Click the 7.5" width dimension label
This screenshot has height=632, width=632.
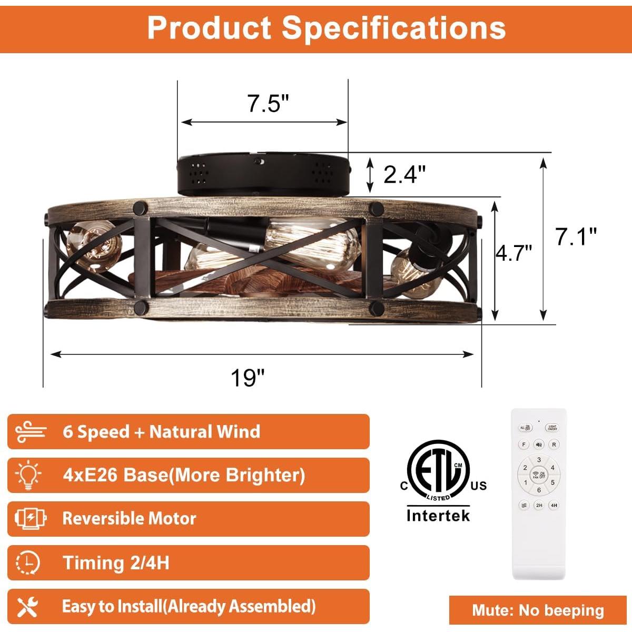click(x=269, y=104)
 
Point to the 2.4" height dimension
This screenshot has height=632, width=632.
click(x=404, y=174)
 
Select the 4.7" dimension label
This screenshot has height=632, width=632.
click(x=514, y=253)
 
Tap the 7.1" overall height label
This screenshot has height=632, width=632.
click(x=577, y=236)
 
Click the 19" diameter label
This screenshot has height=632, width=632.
click(x=247, y=377)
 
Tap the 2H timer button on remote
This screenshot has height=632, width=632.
click(x=539, y=505)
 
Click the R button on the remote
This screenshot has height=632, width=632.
click(x=554, y=445)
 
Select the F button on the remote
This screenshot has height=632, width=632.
click(x=524, y=445)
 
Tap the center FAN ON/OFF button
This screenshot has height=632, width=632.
click(x=539, y=475)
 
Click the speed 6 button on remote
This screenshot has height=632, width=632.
click(x=539, y=490)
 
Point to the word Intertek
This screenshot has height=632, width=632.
click(x=438, y=515)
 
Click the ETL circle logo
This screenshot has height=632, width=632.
click(x=438, y=470)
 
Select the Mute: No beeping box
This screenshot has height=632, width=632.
click(x=538, y=610)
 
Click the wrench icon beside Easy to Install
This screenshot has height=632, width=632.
click(x=27, y=607)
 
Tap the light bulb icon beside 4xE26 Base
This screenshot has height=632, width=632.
click(x=28, y=475)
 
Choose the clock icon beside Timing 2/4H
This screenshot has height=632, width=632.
click(x=27, y=562)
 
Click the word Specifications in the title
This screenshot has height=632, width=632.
click(x=394, y=27)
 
